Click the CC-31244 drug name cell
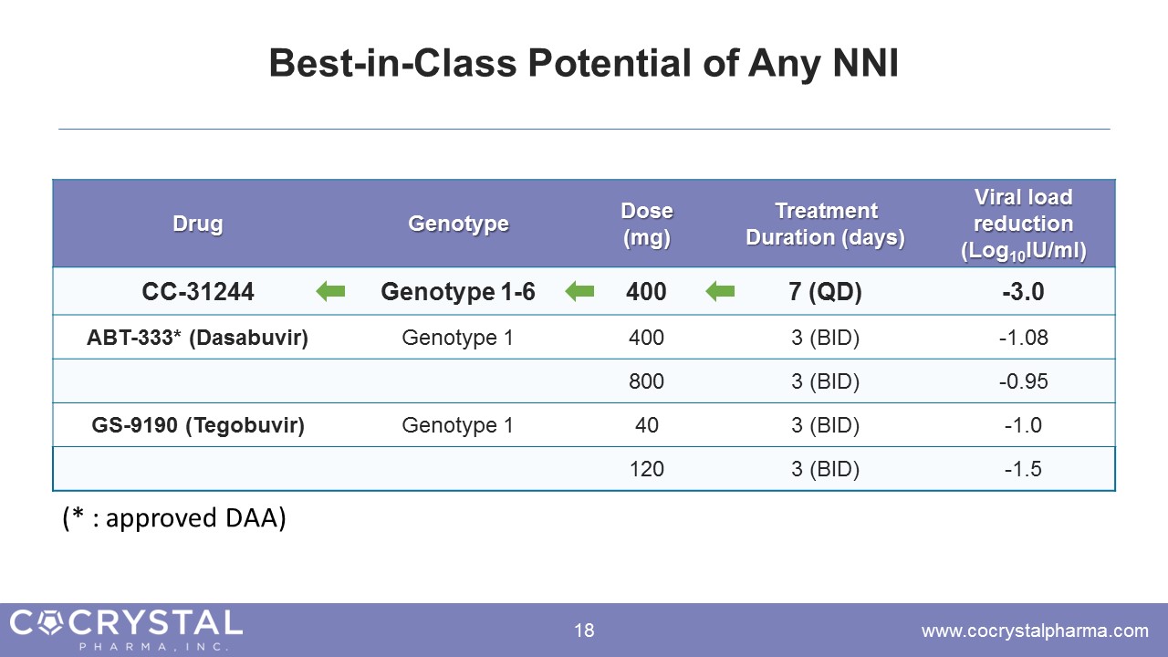pos(198,291)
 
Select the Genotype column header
pos(458,224)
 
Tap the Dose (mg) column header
pos(647,224)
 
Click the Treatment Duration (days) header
pos(826,224)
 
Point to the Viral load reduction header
pos(1024,224)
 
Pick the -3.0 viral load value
pos(1023,291)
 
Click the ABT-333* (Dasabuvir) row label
pos(198,338)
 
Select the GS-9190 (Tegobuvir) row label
pos(198,425)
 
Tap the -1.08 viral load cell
pos(1023,338)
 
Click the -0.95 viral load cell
pos(1023,381)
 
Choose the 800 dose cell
pos(647,381)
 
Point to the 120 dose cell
pos(647,469)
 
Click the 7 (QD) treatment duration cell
pos(825,291)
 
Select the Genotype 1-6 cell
pos(458,291)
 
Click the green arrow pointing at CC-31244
pos(330,291)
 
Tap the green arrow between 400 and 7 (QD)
pos(720,291)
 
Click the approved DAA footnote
pos(174,518)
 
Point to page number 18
pos(584,631)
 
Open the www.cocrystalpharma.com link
pos(1035,631)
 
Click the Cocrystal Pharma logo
pos(126,630)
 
